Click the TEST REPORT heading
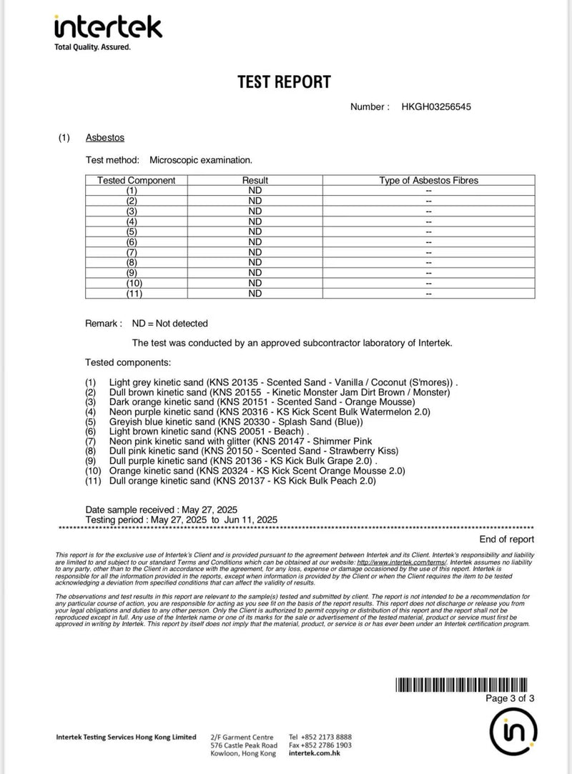(285, 82)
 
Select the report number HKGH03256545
(436, 107)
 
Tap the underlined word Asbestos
(105, 137)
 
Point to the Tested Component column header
(136, 181)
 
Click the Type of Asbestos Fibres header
(428, 181)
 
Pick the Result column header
(255, 181)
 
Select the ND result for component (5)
(255, 232)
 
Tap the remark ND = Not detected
(170, 324)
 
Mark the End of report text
(506, 540)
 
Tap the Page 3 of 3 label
(509, 698)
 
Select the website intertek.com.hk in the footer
(315, 754)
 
